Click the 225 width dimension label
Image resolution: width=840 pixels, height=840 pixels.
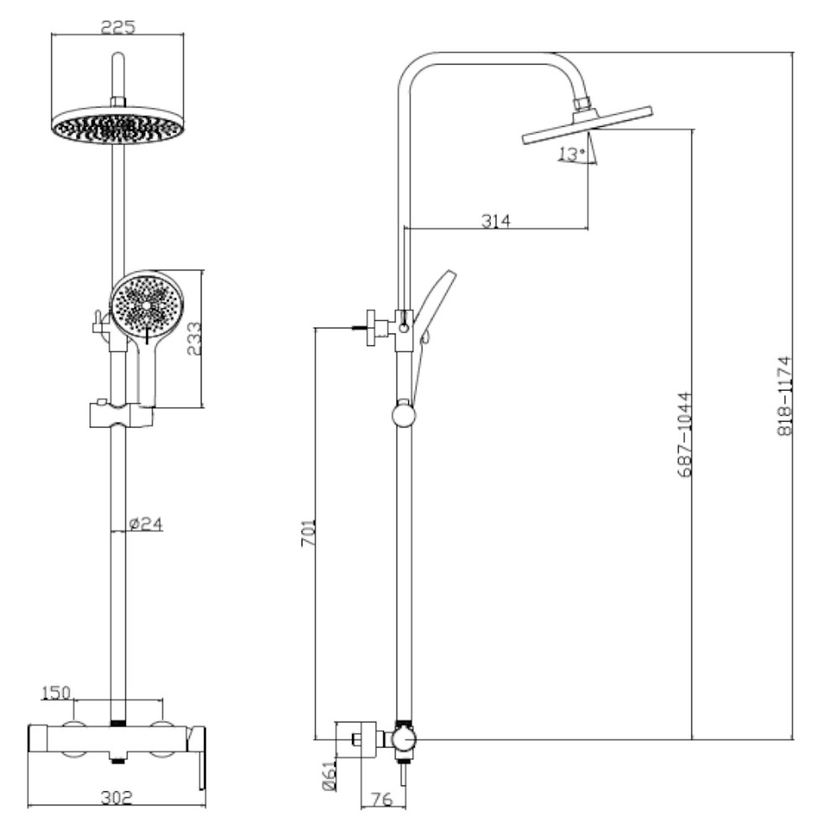(x=118, y=26)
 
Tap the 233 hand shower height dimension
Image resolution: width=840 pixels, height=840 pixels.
(x=194, y=339)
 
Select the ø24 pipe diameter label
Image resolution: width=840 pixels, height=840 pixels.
(x=146, y=524)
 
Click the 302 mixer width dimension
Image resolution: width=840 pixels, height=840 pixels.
(x=116, y=798)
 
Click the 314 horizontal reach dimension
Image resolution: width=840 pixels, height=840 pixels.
(x=496, y=220)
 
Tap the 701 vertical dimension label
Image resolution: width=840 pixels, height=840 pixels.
(x=307, y=533)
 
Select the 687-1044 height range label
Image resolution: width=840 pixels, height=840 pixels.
(x=685, y=434)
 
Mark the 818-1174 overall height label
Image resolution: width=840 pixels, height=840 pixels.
(x=785, y=396)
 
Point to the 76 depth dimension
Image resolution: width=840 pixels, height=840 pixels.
(x=381, y=800)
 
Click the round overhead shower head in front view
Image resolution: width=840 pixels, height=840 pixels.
(x=117, y=125)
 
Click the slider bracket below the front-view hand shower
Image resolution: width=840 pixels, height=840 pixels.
(x=121, y=414)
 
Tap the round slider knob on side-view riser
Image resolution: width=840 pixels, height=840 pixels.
(x=404, y=413)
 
